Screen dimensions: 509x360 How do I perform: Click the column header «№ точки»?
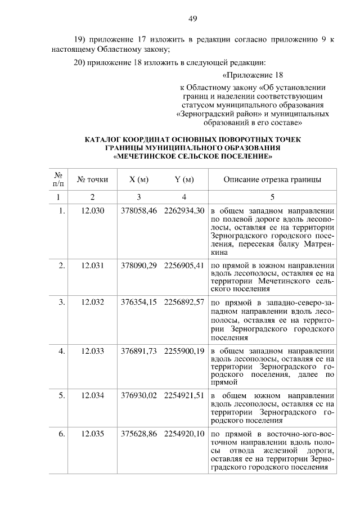[92, 180]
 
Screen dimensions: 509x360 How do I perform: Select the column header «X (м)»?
[138, 180]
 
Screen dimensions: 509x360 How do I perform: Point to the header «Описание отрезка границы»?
[272, 180]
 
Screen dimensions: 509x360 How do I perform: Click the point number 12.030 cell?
[92, 211]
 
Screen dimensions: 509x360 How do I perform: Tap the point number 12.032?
[92, 302]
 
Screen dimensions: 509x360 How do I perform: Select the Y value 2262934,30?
[184, 211]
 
